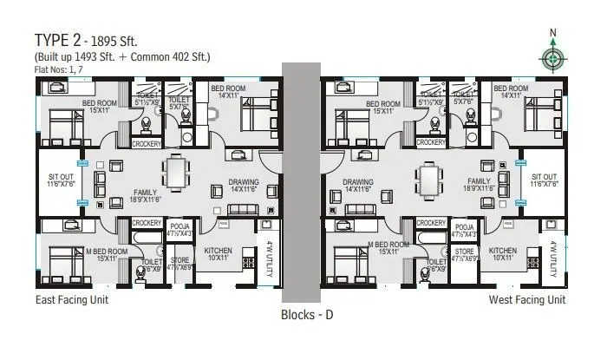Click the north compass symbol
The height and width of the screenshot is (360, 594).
[x=552, y=57]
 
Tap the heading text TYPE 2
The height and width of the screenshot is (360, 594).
[x=60, y=40]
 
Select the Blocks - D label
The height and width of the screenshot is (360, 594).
[x=308, y=315]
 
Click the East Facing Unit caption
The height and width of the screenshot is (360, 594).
[x=72, y=300]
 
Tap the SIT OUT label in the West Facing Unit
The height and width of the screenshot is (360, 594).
[x=544, y=180]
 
